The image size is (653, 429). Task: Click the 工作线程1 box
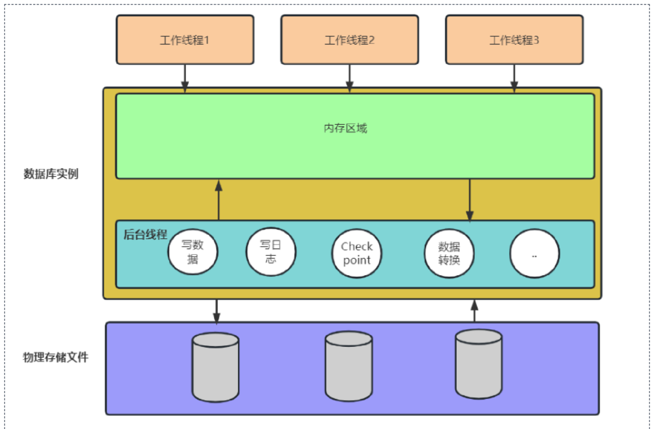pos(185,40)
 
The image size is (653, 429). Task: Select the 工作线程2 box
pos(350,40)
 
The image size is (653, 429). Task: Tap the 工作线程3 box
pos(514,40)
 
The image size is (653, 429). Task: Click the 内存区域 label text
pos(345,128)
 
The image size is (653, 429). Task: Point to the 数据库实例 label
pos(51,174)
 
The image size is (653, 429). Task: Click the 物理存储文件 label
pos(56,357)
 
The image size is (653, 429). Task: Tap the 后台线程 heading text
pos(145,235)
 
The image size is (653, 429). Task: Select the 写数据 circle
pos(192,252)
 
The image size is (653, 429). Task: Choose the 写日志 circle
pos(271,252)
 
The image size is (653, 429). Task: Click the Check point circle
pos(357,253)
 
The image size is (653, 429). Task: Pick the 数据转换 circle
pos(449,253)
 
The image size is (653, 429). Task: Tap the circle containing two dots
pos(534,253)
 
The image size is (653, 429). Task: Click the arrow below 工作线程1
pos(185,78)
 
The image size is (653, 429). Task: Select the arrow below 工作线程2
pos(350,78)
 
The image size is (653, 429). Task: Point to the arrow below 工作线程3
pos(514,78)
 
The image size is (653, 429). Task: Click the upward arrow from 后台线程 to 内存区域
pos(218,199)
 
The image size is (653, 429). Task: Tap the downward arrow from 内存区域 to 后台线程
pos(469,199)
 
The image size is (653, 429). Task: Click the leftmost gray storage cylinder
pos(215,367)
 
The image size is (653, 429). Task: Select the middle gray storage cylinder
pos(348,367)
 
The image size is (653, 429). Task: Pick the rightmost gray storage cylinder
pos(479,364)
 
